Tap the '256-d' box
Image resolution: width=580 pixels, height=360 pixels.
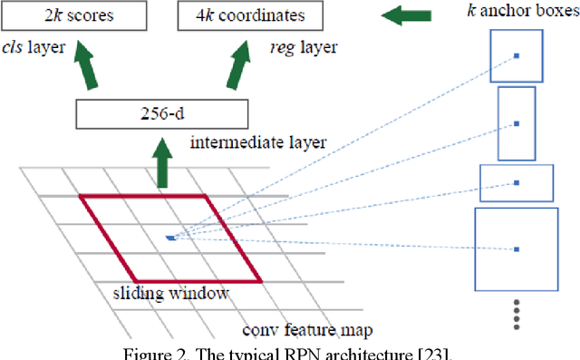pyautogui.click(x=161, y=114)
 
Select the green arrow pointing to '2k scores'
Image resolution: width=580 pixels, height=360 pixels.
pyautogui.click(x=85, y=65)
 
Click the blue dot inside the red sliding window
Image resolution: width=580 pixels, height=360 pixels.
pyautogui.click(x=169, y=238)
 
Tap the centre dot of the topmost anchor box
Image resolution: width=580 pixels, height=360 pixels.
pyautogui.click(x=517, y=56)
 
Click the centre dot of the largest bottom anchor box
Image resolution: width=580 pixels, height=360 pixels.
pyautogui.click(x=517, y=248)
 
